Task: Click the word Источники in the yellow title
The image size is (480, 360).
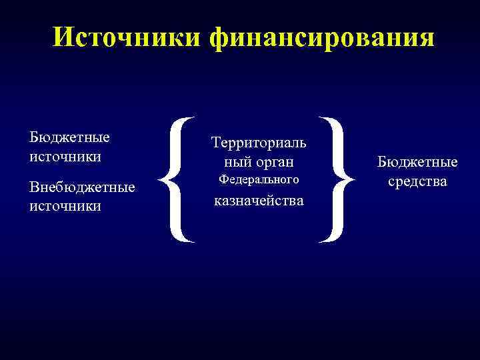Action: point(127,37)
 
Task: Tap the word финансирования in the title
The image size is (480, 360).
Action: point(321,37)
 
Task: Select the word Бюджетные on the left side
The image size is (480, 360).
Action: point(69,137)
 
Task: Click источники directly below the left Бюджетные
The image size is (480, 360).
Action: point(65,157)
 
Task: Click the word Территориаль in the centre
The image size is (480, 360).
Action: point(259,142)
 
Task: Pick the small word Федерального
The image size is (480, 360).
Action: point(259,180)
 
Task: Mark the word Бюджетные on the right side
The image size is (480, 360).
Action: point(417,162)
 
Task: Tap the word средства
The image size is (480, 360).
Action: point(417,181)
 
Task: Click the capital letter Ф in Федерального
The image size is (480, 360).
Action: point(224,180)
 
